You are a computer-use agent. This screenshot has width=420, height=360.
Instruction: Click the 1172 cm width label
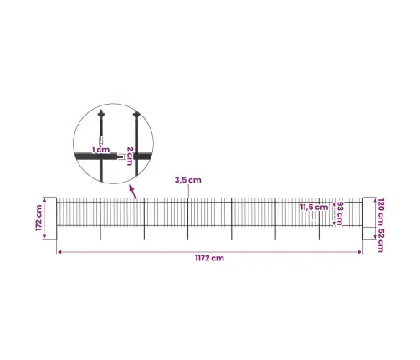(209, 258)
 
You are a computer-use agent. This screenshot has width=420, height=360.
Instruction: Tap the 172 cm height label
(38, 218)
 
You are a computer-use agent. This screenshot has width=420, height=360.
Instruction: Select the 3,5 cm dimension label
(188, 180)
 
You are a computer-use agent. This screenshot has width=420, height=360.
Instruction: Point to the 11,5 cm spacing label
(314, 208)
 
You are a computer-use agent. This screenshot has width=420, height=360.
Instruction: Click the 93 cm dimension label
(340, 213)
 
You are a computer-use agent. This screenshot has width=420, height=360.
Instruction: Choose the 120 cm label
(381, 212)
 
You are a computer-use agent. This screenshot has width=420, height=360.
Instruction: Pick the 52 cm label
(381, 240)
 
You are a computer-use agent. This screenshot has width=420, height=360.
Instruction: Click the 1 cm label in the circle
(101, 150)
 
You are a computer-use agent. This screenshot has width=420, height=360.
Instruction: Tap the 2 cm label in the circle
(130, 156)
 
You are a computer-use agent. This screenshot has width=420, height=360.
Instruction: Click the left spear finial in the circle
(101, 114)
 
